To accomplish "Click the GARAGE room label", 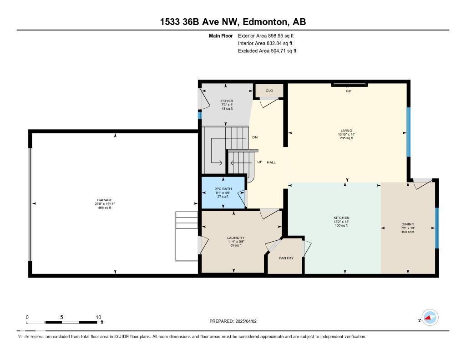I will pos(104,199).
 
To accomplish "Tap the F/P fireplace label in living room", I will pos(349,91).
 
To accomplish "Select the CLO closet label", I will pos(269,91).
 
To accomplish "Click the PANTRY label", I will pos(286,258).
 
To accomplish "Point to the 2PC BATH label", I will pos(223,189).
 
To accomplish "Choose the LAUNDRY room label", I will pos(236,238).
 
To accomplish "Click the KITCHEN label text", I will pos(341,218).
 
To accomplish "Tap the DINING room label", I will pos(408,224).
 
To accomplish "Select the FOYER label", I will pos(227,101).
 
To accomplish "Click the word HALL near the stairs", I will pos(271,162).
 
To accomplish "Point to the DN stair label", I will pos(255,137).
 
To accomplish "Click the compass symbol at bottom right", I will pos(430,318).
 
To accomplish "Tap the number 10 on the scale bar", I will pos(98,317).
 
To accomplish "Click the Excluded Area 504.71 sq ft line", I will pos(267,51).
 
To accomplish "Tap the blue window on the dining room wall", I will pos(436,228).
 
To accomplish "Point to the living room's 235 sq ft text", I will pos(346,138).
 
